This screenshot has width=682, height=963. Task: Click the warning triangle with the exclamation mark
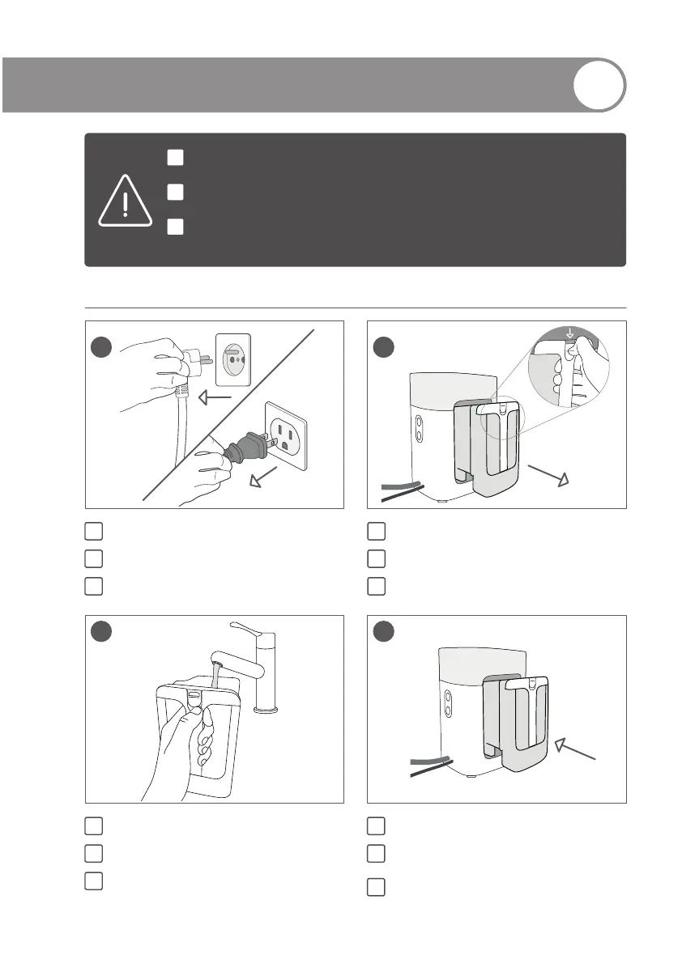[125, 202]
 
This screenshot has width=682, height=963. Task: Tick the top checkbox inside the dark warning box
[176, 157]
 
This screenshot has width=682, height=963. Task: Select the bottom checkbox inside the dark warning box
[176, 227]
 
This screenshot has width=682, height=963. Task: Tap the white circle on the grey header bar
[599, 84]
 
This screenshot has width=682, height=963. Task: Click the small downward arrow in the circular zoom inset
[569, 333]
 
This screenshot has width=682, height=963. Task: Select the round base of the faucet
[267, 710]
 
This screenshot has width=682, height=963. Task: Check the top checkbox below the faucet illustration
[93, 825]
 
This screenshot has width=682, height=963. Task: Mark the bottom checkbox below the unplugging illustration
[93, 585]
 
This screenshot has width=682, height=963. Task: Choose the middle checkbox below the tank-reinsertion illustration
[375, 852]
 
